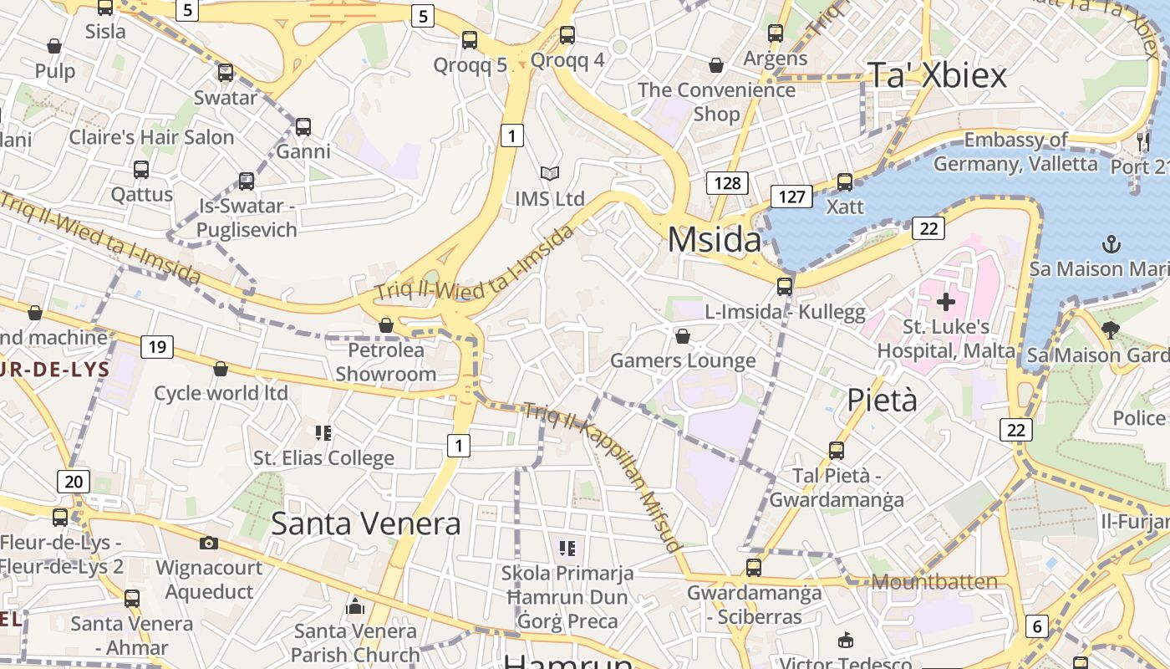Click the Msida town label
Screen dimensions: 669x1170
tap(715, 241)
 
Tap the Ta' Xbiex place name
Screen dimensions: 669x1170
tap(937, 75)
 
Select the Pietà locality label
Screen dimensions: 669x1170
tap(882, 401)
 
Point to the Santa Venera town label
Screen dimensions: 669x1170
tap(366, 524)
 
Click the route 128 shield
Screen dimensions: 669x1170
tap(726, 182)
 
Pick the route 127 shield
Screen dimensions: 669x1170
tap(791, 197)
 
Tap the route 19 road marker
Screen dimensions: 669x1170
tap(156, 346)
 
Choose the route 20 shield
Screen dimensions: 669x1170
tap(74, 481)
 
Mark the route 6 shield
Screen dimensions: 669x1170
tap(1036, 626)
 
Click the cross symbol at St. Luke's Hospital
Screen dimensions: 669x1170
tap(946, 301)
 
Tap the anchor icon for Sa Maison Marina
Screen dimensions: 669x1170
tap(1111, 244)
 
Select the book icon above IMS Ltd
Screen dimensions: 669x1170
tap(549, 174)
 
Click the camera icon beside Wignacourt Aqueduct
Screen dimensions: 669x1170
tap(209, 543)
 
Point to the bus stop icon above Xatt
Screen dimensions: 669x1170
tap(845, 181)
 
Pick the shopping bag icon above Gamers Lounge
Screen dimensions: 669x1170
tap(683, 336)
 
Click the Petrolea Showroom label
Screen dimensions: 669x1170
tap(386, 362)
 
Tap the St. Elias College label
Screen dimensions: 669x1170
tap(323, 457)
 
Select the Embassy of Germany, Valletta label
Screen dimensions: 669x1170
tap(1015, 151)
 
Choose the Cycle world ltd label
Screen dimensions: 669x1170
tap(221, 393)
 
